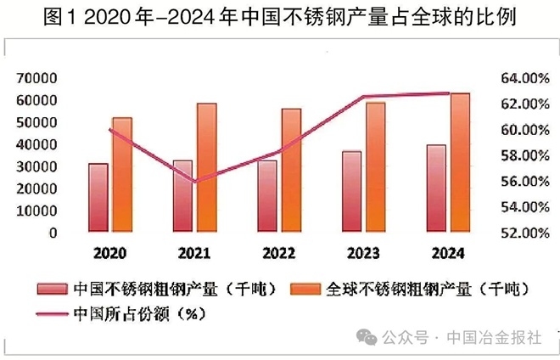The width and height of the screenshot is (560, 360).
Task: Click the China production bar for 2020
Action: (x=98, y=197)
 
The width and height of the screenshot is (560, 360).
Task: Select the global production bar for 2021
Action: (x=206, y=167)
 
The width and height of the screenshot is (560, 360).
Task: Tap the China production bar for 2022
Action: (x=268, y=195)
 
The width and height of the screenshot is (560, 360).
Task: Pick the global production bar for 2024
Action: (x=460, y=161)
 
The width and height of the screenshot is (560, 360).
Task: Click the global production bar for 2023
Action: (x=375, y=166)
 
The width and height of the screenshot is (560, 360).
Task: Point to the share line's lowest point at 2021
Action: (x=195, y=182)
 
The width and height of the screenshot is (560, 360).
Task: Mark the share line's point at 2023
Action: (x=364, y=97)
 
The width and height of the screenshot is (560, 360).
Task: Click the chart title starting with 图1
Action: (x=279, y=18)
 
